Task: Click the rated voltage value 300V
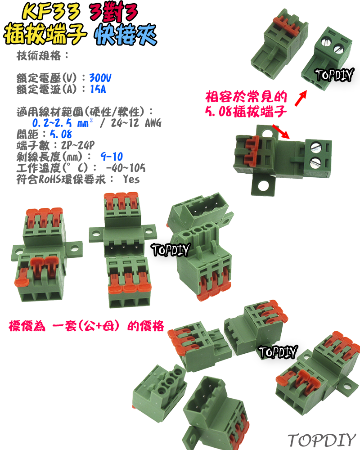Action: (x=100, y=77)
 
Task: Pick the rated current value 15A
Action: (x=98, y=89)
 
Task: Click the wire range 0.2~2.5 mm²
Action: (x=63, y=123)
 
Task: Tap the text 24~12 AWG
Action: (x=132, y=123)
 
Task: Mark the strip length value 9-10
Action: (x=112, y=157)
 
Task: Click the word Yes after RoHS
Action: (x=131, y=179)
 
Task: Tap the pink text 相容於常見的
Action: (x=246, y=96)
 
